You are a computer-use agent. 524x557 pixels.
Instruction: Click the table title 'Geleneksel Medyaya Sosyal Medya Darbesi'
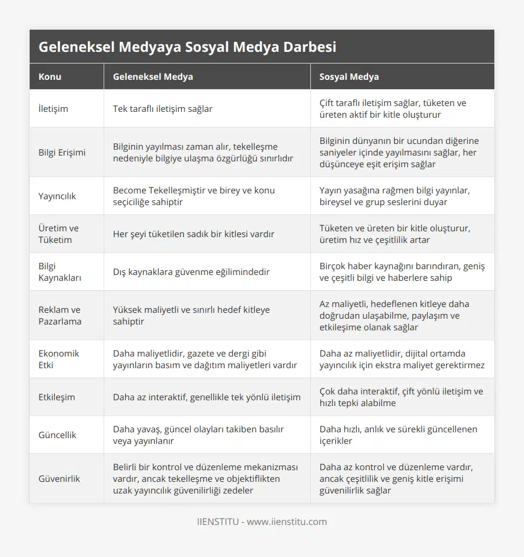(x=187, y=47)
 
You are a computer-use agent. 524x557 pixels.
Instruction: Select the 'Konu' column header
(x=50, y=76)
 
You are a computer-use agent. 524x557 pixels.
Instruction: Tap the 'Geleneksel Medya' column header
(x=153, y=76)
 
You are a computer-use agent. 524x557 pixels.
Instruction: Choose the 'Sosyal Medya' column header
(x=349, y=76)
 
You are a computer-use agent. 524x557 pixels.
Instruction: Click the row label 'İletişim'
(x=53, y=108)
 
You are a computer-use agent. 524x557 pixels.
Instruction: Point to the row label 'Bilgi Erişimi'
(x=62, y=152)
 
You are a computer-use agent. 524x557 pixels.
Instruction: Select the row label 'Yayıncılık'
(x=57, y=196)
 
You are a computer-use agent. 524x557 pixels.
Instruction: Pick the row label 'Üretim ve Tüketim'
(x=58, y=234)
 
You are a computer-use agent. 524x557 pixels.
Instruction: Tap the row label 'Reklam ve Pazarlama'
(x=59, y=315)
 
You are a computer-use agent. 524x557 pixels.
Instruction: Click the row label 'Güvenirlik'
(x=59, y=478)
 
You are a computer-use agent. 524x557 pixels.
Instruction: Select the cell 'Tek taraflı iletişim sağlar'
(x=162, y=108)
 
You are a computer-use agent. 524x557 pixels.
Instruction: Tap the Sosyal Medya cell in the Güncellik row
(x=398, y=435)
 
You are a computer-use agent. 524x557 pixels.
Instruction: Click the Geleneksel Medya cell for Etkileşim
(x=207, y=397)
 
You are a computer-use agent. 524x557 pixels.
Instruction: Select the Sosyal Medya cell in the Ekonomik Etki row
(x=402, y=359)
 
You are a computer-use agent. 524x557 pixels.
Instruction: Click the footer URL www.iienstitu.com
(x=286, y=521)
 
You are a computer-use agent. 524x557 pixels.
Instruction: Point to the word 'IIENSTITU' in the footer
(x=218, y=521)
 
